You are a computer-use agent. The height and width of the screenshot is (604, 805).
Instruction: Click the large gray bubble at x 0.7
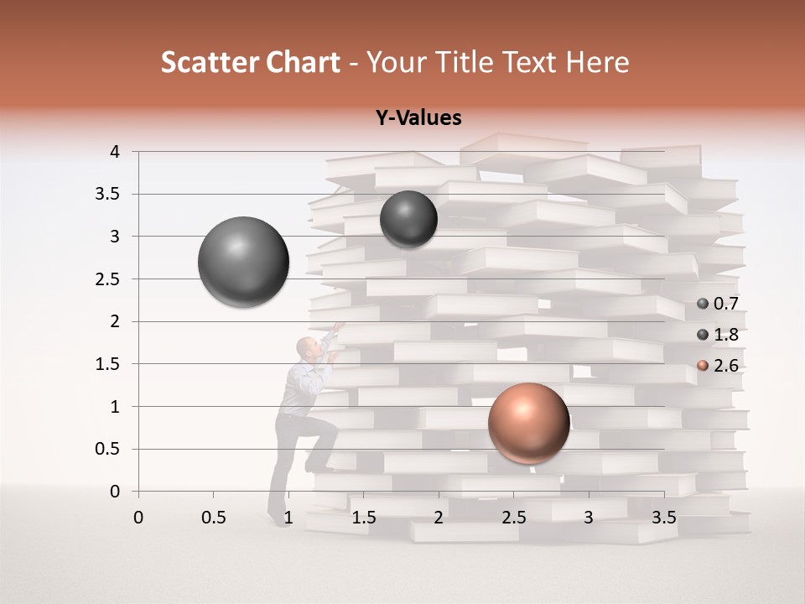pyautogui.click(x=243, y=262)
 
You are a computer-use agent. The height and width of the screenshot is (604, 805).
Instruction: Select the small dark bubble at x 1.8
pyautogui.click(x=408, y=219)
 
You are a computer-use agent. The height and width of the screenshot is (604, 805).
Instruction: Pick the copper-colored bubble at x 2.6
pyautogui.click(x=528, y=424)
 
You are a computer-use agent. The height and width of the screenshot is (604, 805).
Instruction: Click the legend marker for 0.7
pyautogui.click(x=703, y=304)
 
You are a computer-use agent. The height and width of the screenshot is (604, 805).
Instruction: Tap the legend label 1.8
pyautogui.click(x=725, y=335)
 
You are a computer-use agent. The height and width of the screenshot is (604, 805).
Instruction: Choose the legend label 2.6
pyautogui.click(x=725, y=366)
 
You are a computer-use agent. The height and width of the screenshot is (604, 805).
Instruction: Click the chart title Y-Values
pyautogui.click(x=418, y=118)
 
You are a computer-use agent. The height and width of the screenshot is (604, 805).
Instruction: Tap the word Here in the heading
pyautogui.click(x=597, y=62)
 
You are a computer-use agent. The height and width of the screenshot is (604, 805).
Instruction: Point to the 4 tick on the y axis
pyautogui.click(x=115, y=152)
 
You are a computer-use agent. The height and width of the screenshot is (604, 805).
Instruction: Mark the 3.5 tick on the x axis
pyautogui.click(x=664, y=517)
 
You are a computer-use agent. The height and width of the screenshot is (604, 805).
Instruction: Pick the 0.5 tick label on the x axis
pyautogui.click(x=213, y=517)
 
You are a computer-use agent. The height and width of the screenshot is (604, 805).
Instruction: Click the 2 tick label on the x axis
pyautogui.click(x=439, y=517)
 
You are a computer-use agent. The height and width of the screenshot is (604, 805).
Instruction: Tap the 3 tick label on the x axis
pyautogui.click(x=589, y=517)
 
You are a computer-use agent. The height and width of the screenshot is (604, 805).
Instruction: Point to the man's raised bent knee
pyautogui.click(x=330, y=429)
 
